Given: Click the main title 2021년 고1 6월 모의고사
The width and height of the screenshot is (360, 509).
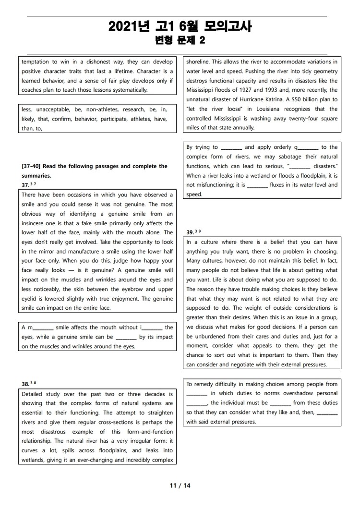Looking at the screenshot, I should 180,27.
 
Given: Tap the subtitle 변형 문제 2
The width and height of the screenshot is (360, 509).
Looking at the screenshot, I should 180,41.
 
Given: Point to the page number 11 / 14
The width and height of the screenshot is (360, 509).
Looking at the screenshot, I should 180,485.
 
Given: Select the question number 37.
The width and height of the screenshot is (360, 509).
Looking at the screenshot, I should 25,185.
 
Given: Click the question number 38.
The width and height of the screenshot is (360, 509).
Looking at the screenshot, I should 25,384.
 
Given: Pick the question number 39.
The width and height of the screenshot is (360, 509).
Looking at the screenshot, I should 190,232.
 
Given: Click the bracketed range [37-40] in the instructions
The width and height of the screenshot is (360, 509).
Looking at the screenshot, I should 33,166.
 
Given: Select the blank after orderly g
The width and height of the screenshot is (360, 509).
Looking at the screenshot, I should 308,148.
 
